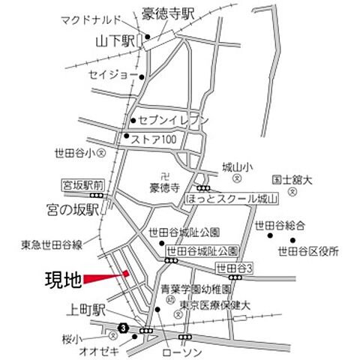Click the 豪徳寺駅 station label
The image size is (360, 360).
click(169, 13)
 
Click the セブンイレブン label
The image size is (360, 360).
click(171, 120)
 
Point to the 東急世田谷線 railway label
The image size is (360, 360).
click(52, 244)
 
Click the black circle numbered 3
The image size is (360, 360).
click(121, 328)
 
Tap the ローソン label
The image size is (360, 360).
click(178, 350)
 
